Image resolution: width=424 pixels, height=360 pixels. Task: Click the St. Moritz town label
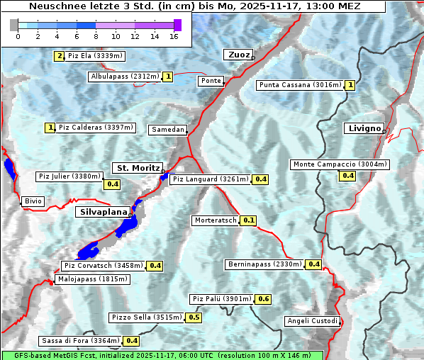[x=137, y=168]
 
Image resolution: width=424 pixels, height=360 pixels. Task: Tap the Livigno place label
[x=363, y=128]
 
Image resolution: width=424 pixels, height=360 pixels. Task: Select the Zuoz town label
[x=238, y=55]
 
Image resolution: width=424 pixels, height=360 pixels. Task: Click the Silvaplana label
[x=103, y=212]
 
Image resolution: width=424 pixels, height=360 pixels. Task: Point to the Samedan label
[x=167, y=130]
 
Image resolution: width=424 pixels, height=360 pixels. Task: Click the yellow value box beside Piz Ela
[x=59, y=56]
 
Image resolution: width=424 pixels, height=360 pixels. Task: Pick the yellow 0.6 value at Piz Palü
[x=263, y=299]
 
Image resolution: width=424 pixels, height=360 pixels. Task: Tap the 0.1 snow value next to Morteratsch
[x=248, y=220]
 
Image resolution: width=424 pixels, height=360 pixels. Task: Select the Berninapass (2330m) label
[x=264, y=264]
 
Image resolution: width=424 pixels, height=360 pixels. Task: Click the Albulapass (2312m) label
[x=125, y=77]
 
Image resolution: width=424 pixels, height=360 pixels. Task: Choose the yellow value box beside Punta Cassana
[x=350, y=85]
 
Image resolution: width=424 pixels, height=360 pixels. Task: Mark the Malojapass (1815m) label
[x=92, y=279]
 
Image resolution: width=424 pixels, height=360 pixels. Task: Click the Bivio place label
[x=33, y=201]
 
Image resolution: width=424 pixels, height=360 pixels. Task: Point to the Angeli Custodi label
[x=312, y=321]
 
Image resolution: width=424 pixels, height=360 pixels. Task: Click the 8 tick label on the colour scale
[x=96, y=35]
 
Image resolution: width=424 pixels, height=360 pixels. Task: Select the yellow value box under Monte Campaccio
[x=347, y=176]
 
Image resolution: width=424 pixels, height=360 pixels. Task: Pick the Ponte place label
[x=211, y=81]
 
